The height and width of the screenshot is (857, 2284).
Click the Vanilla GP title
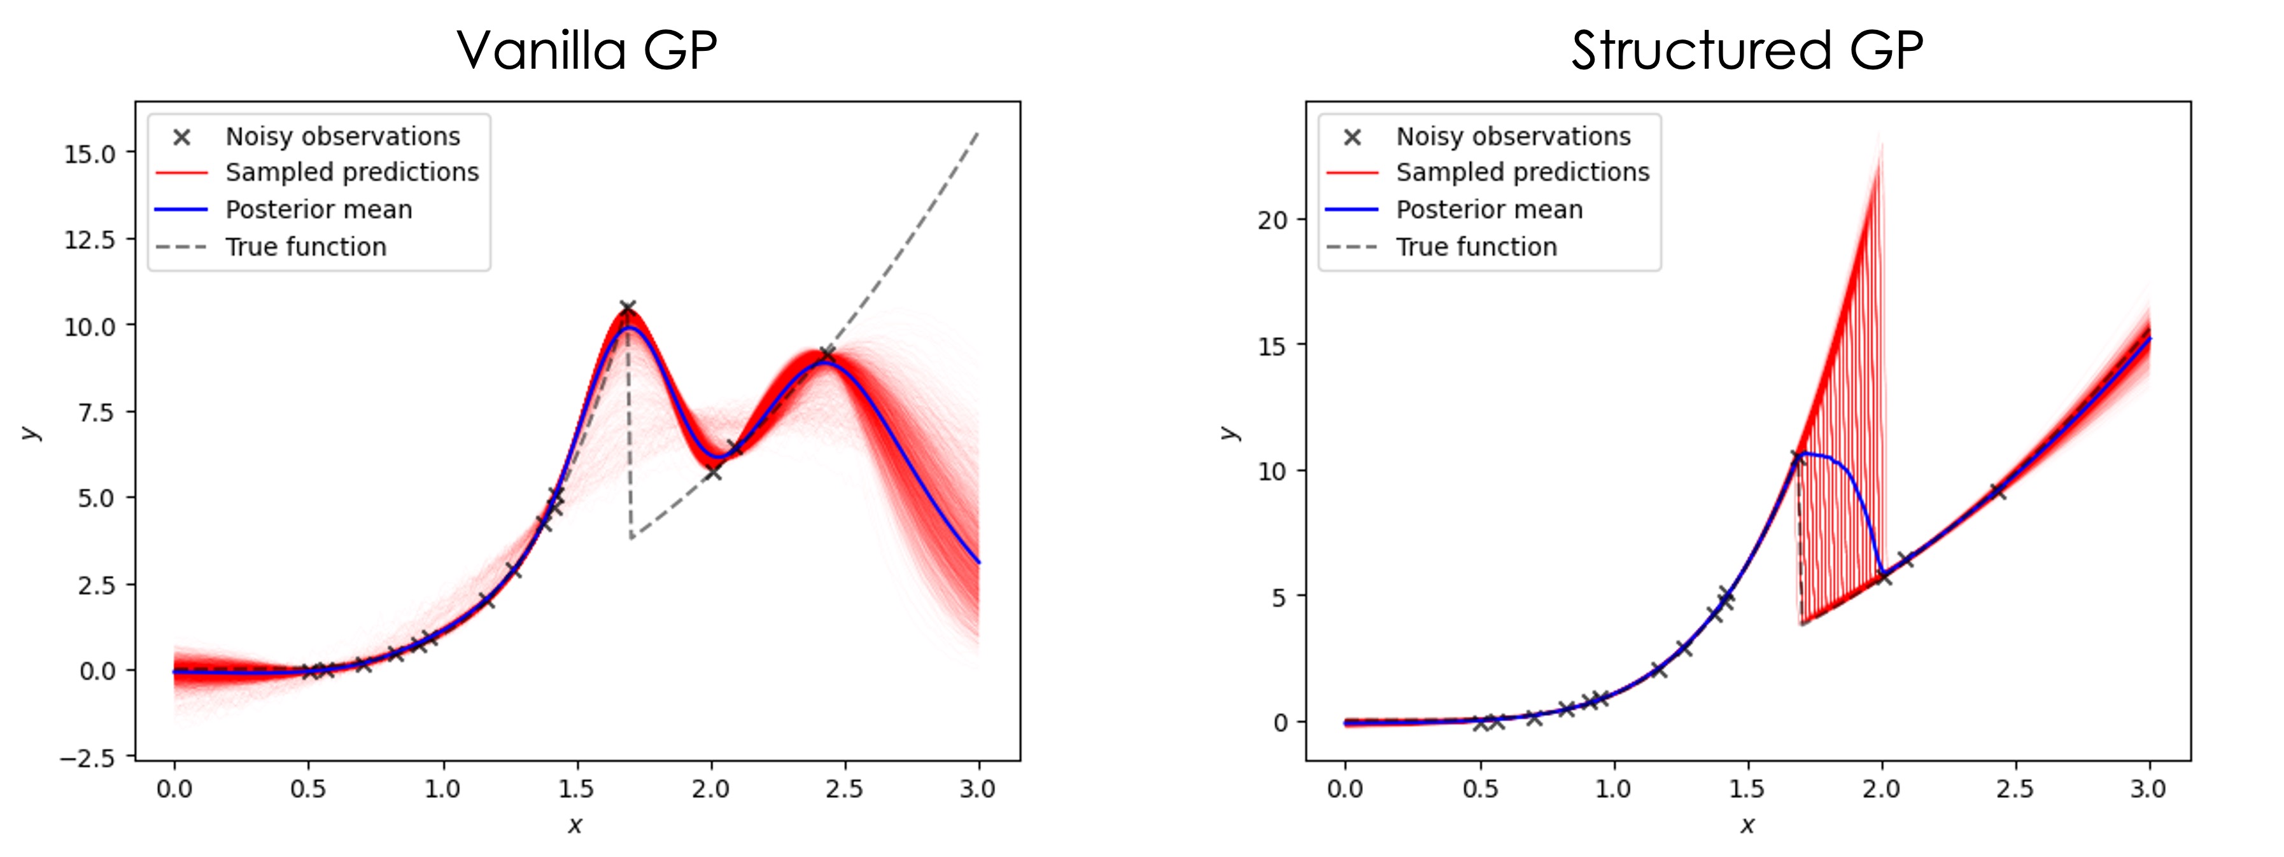[586, 50]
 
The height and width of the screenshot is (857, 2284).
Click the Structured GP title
[1747, 50]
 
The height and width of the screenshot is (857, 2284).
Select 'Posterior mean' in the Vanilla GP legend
[318, 210]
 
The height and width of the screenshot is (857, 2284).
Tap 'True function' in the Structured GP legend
[1476, 247]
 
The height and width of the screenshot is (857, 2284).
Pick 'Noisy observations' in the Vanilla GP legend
[342, 137]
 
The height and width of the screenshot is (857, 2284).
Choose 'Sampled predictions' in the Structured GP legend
[1523, 172]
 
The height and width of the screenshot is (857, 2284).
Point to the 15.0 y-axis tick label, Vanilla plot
[90, 154]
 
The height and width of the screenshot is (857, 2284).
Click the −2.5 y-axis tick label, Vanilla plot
[87, 758]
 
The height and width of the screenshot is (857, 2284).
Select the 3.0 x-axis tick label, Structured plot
[2148, 789]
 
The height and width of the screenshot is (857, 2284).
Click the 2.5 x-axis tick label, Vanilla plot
[844, 789]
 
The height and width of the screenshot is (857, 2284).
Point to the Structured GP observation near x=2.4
[1998, 492]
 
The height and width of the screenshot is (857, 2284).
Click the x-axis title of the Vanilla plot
[575, 826]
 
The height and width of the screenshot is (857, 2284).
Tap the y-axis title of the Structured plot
[1229, 433]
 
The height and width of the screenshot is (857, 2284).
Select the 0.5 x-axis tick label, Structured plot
[1480, 789]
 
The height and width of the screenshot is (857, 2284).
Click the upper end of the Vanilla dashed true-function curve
[977, 134]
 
